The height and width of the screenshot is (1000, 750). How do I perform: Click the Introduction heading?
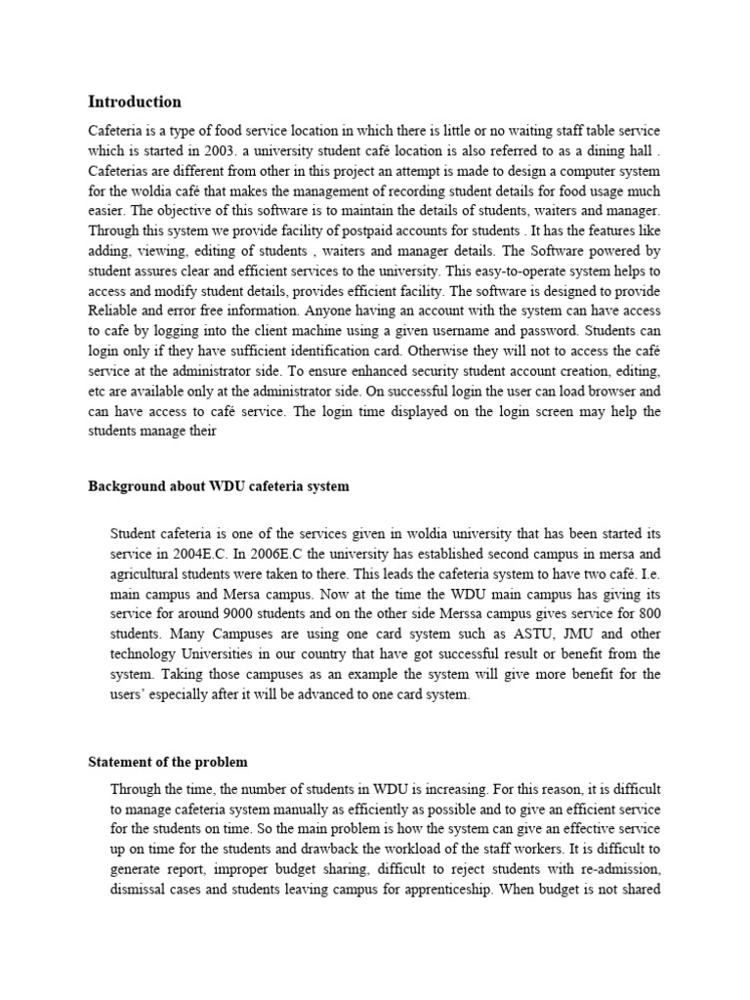135,102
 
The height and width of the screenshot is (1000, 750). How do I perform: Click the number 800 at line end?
647,612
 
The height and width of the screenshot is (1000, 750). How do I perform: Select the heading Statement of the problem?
168,762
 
